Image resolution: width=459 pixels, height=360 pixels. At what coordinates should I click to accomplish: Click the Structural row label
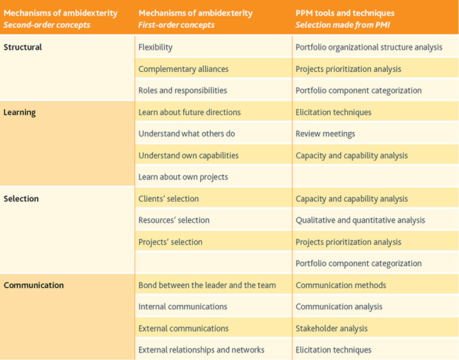[22, 47]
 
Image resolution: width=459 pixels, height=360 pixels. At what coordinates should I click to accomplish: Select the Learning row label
[19, 112]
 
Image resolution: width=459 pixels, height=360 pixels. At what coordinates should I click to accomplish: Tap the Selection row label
[21, 199]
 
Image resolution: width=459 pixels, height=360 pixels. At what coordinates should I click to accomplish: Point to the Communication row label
[34, 285]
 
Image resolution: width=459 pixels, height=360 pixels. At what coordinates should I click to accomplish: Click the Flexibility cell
[155, 48]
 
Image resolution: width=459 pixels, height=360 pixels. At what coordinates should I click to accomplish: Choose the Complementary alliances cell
[183, 69]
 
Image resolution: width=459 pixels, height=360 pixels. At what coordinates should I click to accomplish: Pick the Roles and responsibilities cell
[182, 91]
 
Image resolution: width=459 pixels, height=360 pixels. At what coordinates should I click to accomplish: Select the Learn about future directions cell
[189, 112]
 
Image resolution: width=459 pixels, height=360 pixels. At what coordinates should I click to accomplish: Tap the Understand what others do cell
[187, 134]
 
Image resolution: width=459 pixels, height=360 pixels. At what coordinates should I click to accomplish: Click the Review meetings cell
[325, 134]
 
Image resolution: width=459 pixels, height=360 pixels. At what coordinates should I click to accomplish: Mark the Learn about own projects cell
[183, 177]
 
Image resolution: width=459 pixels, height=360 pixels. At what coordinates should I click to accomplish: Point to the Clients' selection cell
[169, 199]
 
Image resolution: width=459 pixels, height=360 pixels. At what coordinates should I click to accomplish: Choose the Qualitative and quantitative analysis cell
[360, 221]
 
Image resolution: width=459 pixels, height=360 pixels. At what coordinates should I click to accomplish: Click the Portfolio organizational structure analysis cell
[369, 48]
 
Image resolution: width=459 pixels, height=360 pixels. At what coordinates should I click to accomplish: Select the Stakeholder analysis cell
[331, 329]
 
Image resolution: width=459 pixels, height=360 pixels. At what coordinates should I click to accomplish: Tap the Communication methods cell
[341, 285]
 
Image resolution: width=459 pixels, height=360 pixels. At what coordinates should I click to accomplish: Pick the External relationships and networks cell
[201, 350]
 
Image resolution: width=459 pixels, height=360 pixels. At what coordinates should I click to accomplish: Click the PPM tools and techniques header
[345, 13]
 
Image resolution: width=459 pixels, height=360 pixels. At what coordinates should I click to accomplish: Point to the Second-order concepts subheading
[47, 25]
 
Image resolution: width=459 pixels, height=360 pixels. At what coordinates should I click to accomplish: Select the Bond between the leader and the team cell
[207, 285]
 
